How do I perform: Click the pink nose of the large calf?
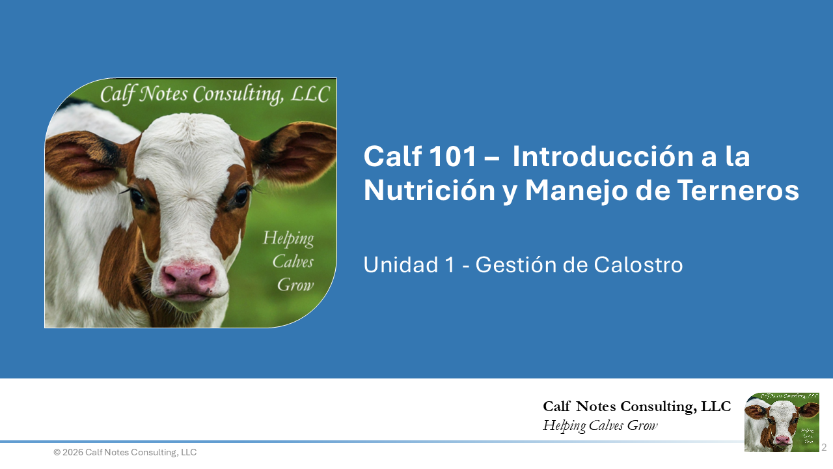pyautogui.click(x=188, y=278)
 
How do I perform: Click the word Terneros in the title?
pyautogui.click(x=738, y=190)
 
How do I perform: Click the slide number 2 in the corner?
pyautogui.click(x=823, y=448)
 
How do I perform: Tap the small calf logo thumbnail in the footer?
pyautogui.click(x=782, y=422)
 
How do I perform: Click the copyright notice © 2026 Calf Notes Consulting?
pyautogui.click(x=125, y=452)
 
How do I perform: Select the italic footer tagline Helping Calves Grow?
pyautogui.click(x=600, y=426)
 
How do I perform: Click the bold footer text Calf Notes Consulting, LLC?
pyautogui.click(x=636, y=406)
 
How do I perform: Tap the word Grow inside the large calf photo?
pyautogui.click(x=295, y=285)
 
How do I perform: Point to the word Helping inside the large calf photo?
pyautogui.click(x=288, y=239)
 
